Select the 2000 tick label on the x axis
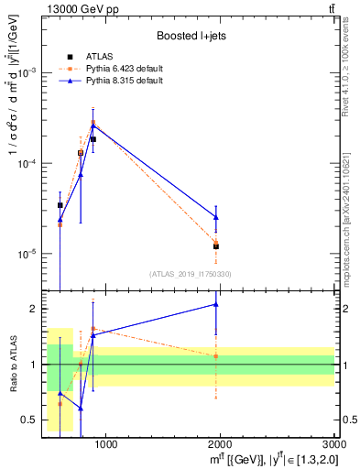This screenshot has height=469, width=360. click(220, 445)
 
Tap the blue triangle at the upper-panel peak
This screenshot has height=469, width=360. click(93, 125)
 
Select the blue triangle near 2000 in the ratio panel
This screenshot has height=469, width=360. click(216, 304)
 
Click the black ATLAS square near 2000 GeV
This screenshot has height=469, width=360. click(216, 246)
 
